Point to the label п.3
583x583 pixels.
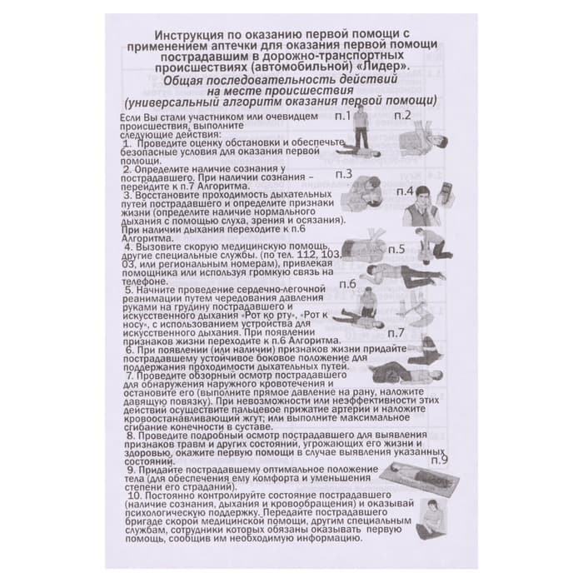345,174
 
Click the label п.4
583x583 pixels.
406,191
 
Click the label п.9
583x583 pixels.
440,459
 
